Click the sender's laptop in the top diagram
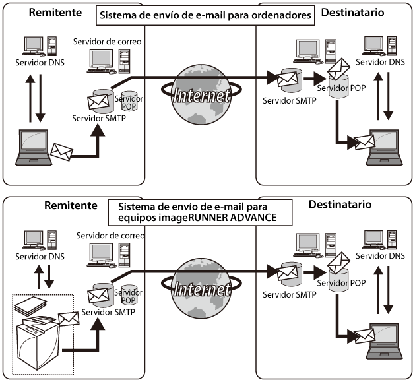tap(33, 147)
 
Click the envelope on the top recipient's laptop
tap(362, 141)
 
